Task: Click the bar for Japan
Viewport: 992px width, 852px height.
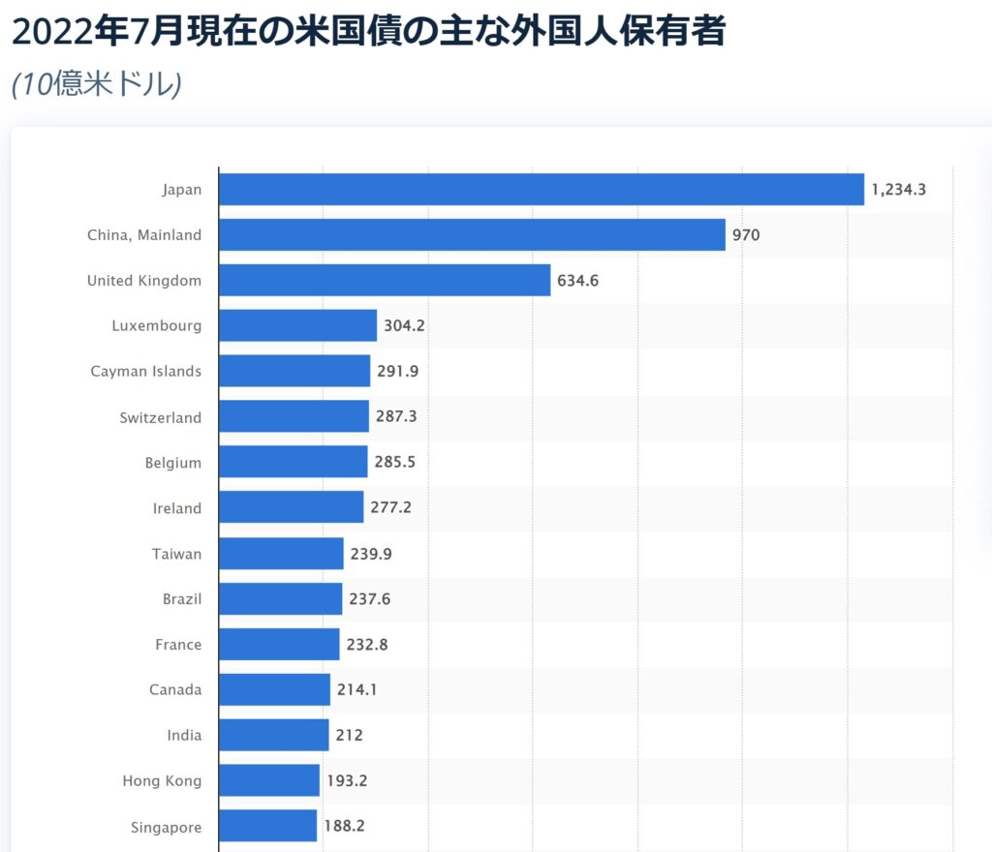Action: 541,190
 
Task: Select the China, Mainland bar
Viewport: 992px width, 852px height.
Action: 472,235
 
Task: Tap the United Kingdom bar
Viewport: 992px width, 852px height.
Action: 385,281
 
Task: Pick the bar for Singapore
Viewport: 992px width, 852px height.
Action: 268,827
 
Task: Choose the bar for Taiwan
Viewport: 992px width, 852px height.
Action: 281,554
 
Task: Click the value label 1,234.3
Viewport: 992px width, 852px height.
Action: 898,190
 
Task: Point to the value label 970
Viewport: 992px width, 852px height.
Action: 746,235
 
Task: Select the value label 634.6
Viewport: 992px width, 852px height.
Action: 578,281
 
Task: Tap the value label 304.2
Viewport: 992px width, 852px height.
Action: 404,326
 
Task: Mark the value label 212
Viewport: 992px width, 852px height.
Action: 350,736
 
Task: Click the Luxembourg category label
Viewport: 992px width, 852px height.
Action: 157,326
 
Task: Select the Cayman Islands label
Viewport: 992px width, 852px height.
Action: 146,372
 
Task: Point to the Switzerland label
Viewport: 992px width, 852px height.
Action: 161,417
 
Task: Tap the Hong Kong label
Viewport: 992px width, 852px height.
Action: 162,781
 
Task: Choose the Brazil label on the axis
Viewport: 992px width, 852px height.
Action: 182,599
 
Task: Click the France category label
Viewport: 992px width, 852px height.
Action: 178,645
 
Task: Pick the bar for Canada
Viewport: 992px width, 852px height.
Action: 274,690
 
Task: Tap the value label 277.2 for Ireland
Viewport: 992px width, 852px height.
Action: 390,508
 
